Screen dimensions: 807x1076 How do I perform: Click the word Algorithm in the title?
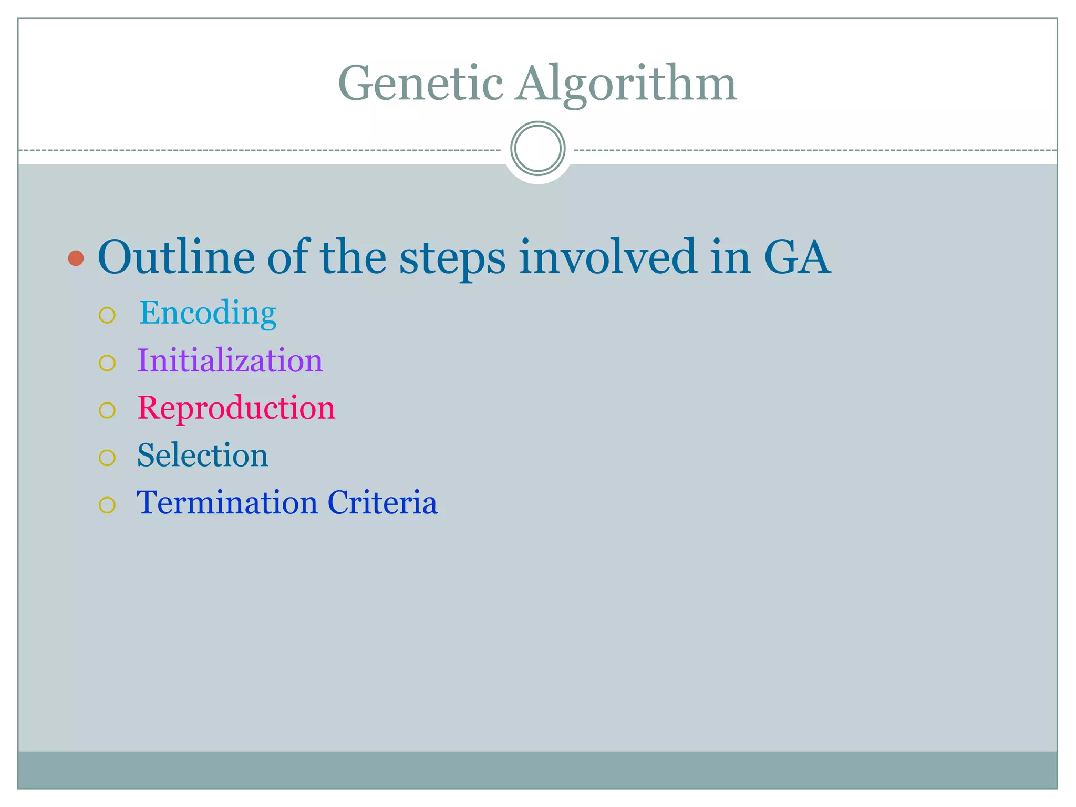point(626,84)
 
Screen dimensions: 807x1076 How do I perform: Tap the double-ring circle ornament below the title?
point(537,148)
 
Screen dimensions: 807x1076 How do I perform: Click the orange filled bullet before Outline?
point(76,258)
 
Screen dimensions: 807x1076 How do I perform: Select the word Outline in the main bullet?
point(176,257)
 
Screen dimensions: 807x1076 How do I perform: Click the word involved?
point(608,257)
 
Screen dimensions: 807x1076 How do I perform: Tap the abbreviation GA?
point(796,257)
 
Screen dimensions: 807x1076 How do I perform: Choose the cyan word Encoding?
point(208,313)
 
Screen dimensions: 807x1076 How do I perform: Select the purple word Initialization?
point(230,360)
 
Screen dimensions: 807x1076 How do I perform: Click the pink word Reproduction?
point(236,408)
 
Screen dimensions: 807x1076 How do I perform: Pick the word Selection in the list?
point(202,455)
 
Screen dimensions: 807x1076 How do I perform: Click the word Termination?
point(227,502)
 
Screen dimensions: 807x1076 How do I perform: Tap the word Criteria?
point(382,502)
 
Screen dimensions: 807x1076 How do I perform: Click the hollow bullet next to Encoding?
point(107,315)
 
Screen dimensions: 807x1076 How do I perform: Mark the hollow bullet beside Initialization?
point(107,363)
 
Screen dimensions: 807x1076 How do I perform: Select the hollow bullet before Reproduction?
point(107,410)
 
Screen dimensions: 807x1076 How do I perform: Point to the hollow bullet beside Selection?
point(107,458)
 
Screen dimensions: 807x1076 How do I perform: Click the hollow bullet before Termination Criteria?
point(107,505)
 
